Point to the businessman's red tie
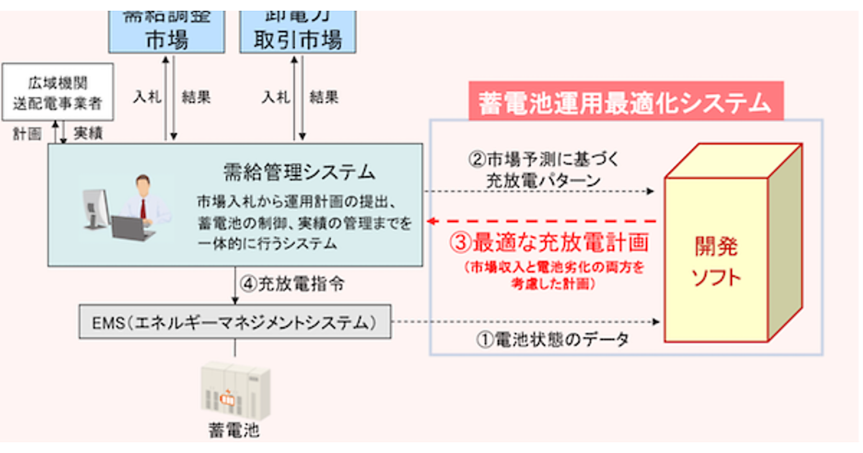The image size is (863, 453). pos(143,208)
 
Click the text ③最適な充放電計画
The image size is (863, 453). pos(550,242)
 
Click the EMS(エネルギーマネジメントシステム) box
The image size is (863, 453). pos(234,322)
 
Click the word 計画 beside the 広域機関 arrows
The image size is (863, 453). pos(29,134)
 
